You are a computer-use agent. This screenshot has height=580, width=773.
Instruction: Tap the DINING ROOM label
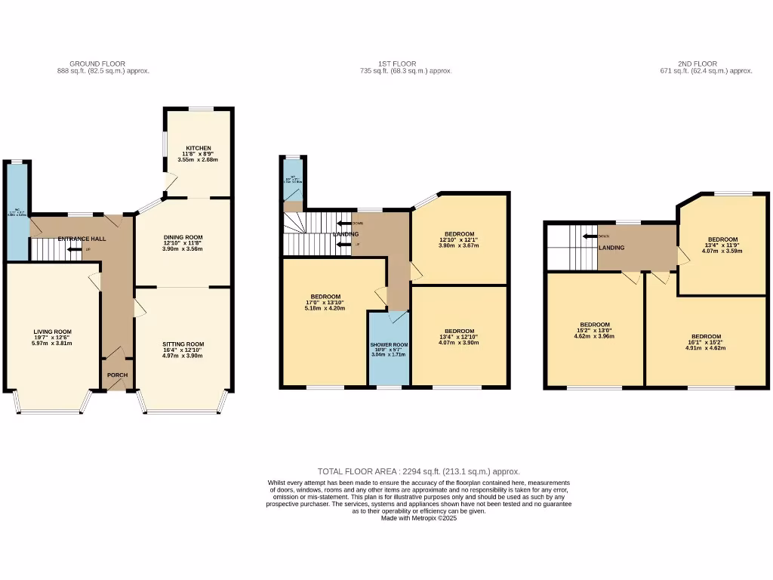pos(183,237)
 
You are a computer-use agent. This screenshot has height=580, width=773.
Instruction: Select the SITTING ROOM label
pos(183,344)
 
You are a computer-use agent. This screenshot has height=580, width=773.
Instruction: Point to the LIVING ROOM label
pos(52,332)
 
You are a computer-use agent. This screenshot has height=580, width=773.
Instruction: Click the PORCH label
pos(117,375)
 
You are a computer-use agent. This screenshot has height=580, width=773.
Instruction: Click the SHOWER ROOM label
pos(389,344)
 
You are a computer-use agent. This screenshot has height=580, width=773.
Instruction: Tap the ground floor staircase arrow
pos(74,249)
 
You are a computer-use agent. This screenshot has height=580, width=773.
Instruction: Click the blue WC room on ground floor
pos(16,211)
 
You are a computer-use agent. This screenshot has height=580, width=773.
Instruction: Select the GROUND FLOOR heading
pos(97,63)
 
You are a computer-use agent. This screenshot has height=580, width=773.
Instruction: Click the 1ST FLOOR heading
pos(397,63)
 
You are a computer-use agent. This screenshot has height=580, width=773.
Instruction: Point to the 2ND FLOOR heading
pos(697,63)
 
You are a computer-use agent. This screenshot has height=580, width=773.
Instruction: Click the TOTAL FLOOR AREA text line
pos(418,471)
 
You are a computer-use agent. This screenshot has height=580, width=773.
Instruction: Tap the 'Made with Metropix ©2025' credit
pos(418,518)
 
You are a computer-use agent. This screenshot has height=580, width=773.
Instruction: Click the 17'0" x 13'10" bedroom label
pos(325,297)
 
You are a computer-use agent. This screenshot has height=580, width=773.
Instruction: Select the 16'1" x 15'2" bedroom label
pos(706,336)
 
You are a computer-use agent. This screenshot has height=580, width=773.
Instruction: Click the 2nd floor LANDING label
pos(611,247)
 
